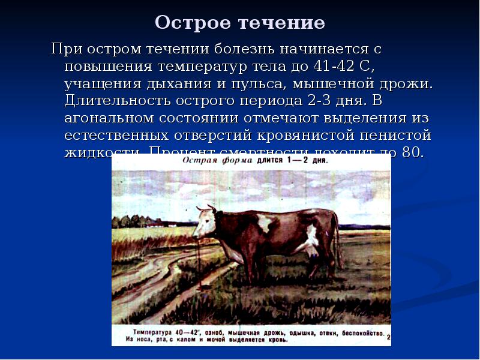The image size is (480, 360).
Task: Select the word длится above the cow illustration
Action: click(x=269, y=161)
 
